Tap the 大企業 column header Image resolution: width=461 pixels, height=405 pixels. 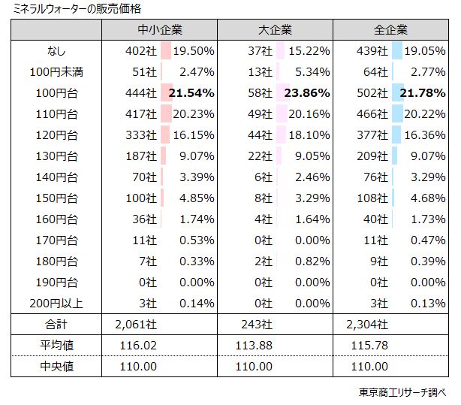(x=275, y=31)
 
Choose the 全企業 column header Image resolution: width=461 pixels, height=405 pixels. (x=390, y=31)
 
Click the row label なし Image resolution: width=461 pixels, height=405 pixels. (x=56, y=51)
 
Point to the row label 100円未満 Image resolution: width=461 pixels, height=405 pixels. (x=56, y=72)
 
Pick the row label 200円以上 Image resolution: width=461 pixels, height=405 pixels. (x=56, y=304)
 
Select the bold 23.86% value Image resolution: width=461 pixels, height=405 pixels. (x=307, y=93)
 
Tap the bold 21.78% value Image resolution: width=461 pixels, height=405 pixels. (x=423, y=93)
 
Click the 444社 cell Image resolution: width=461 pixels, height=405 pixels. (x=142, y=93)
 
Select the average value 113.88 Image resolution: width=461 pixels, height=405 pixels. (x=255, y=346)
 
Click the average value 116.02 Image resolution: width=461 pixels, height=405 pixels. (x=141, y=346)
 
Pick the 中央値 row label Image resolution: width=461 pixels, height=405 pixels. (x=56, y=367)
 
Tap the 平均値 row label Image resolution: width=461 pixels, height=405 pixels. (x=56, y=346)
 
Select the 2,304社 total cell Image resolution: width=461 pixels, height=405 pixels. (x=369, y=325)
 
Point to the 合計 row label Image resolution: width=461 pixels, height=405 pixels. (x=56, y=325)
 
